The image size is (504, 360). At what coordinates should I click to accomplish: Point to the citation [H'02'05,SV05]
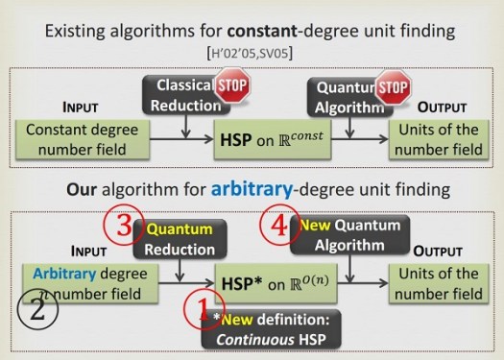[x=252, y=46]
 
